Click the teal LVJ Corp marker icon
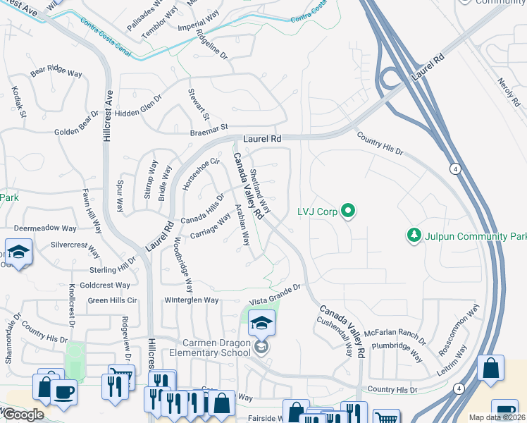347,210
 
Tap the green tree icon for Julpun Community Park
415,235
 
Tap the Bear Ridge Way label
56,70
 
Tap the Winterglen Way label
192,300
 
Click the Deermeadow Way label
44,228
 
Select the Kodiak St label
18,102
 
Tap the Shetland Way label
260,188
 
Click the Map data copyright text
497,417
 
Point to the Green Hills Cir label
112,300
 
